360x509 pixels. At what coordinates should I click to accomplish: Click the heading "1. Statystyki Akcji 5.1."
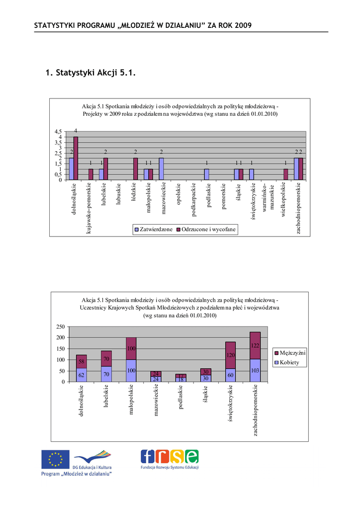click(x=90, y=74)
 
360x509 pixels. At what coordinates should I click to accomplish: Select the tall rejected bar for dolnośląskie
click(x=76, y=158)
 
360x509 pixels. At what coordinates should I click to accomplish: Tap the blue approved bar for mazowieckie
click(x=161, y=169)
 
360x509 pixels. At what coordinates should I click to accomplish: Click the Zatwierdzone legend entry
click(x=153, y=230)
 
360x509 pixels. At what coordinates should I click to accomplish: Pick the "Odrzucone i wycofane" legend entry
click(x=206, y=230)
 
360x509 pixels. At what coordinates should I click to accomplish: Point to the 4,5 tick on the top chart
click(x=59, y=132)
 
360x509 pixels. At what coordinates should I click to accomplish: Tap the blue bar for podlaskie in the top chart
click(x=206, y=174)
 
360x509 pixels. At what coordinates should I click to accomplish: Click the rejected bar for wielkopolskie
click(x=285, y=174)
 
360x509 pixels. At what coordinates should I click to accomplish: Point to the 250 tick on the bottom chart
click(x=60, y=327)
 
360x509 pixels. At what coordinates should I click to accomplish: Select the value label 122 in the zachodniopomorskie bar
click(x=255, y=345)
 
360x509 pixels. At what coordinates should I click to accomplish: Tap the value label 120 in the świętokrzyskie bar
click(x=230, y=355)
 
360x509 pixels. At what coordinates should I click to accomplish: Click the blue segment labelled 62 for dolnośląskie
click(x=82, y=375)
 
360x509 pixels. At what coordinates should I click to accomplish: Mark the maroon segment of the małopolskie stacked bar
click(x=131, y=348)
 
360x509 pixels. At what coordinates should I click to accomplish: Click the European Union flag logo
click(x=55, y=459)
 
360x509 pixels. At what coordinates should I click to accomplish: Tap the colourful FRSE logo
click(x=170, y=456)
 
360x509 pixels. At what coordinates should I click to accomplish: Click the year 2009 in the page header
click(x=243, y=25)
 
